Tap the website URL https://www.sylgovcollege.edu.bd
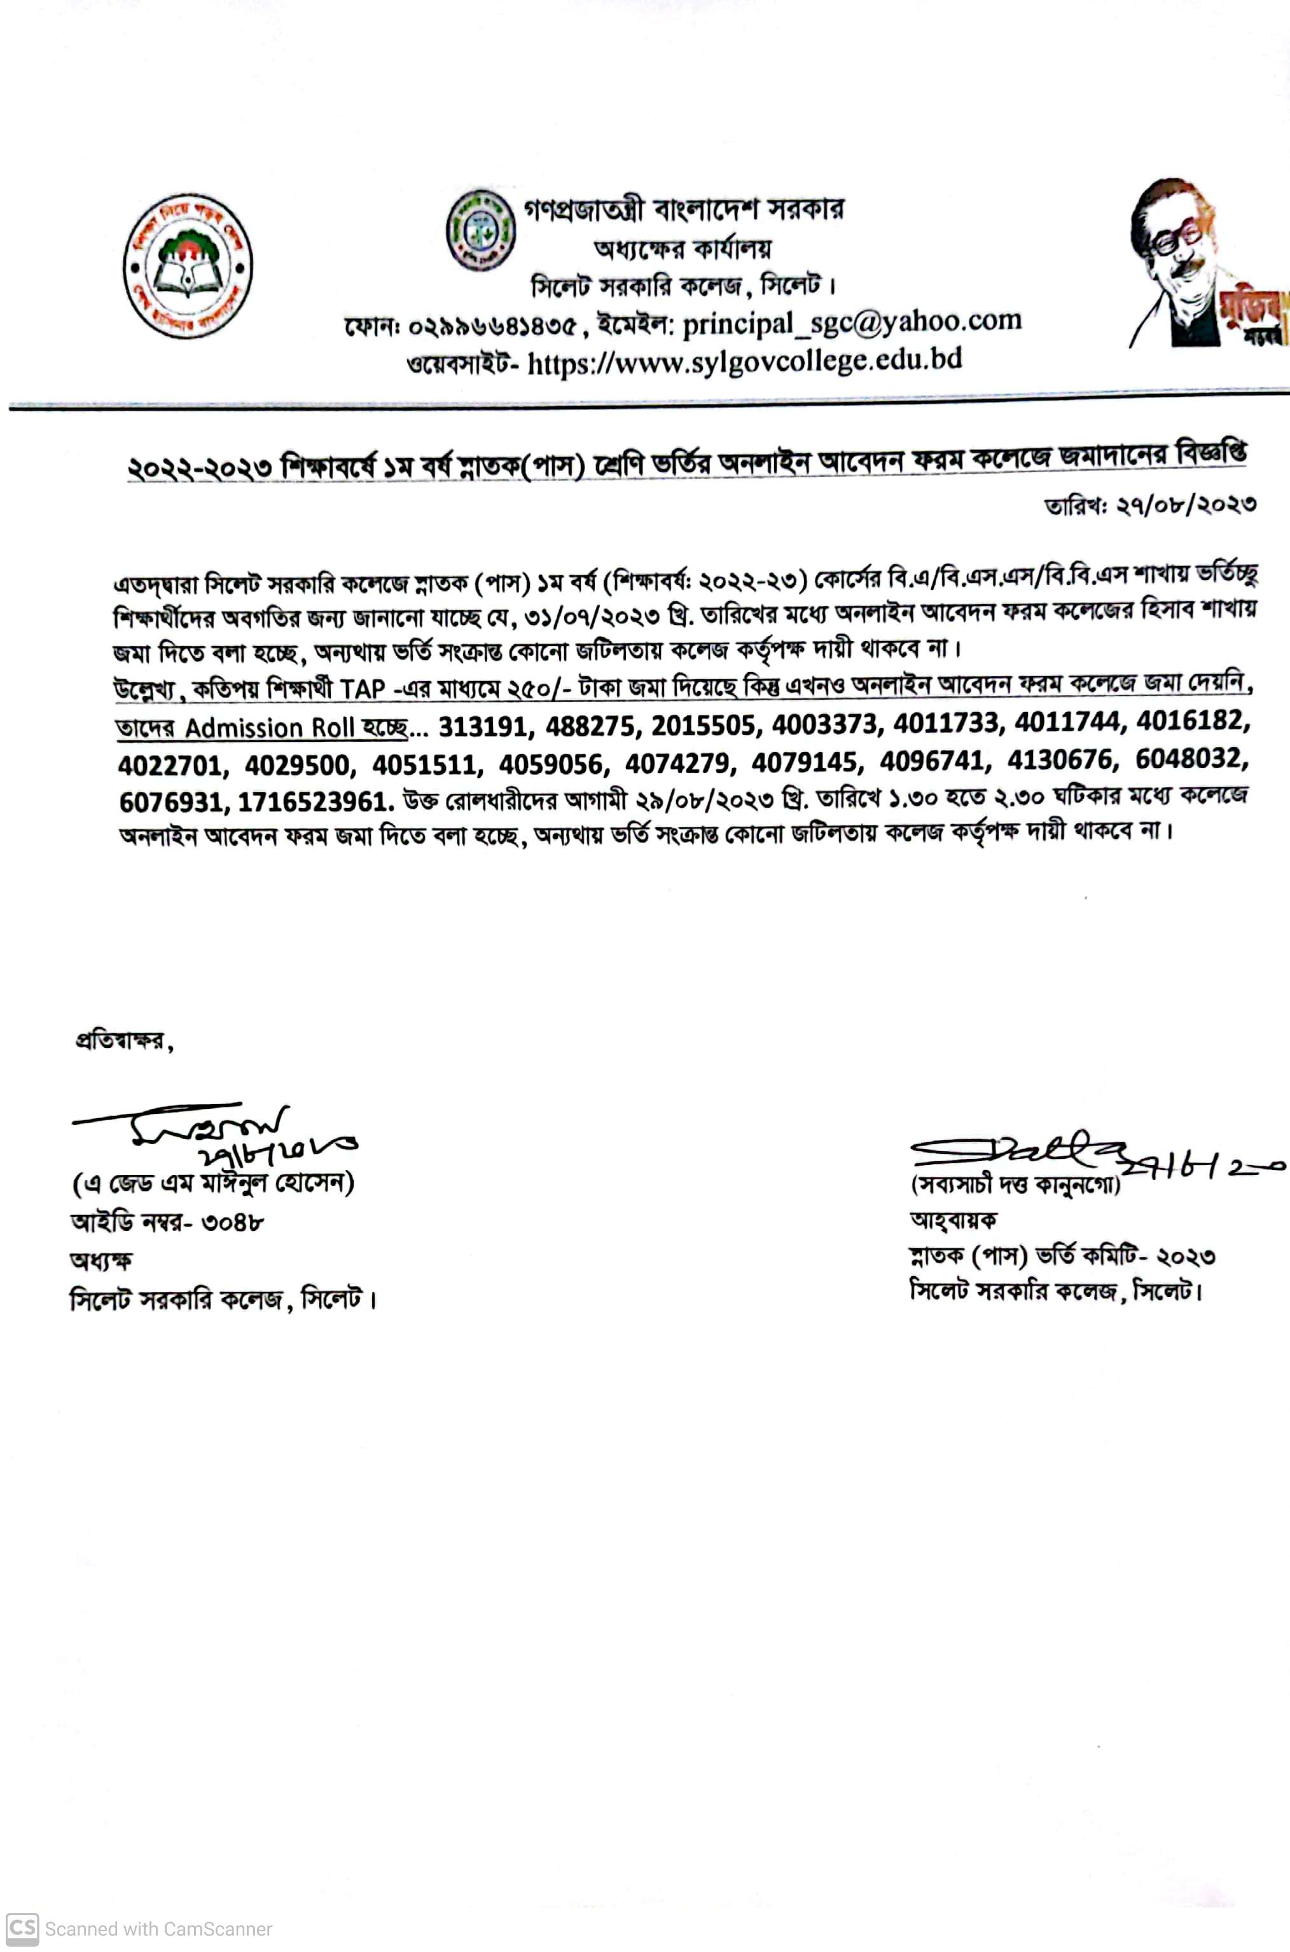point(744,362)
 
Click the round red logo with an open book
point(188,266)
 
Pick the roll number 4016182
point(1193,721)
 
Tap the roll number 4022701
point(169,766)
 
